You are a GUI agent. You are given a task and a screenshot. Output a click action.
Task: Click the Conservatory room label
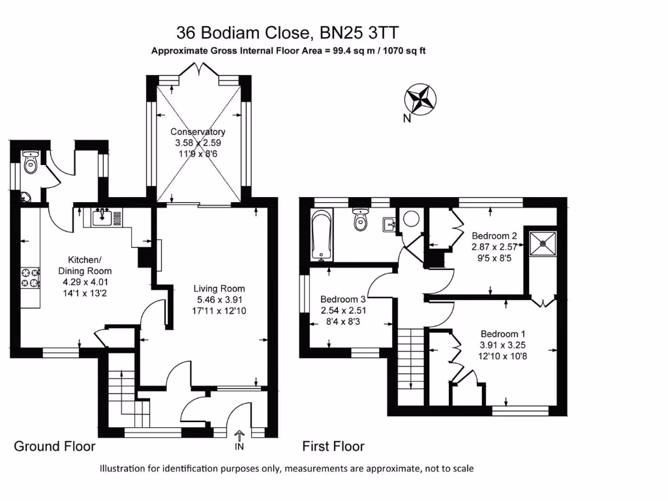pyautogui.click(x=198, y=143)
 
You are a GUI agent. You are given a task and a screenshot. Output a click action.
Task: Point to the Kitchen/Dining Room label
pyautogui.click(x=85, y=271)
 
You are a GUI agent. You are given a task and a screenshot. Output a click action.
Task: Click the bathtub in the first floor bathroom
pyautogui.click(x=323, y=235)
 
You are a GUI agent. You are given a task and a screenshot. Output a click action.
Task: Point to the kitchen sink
pyautogui.click(x=100, y=217)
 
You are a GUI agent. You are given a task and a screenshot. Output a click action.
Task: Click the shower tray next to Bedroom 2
pyautogui.click(x=543, y=243)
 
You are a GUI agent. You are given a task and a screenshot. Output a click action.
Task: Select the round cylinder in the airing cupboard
pyautogui.click(x=411, y=219)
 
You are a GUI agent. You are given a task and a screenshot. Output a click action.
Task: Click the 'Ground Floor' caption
pyautogui.click(x=55, y=447)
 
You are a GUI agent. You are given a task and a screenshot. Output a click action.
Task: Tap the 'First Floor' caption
pyautogui.click(x=333, y=447)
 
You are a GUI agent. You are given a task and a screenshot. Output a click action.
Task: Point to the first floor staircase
pyautogui.click(x=410, y=365)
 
